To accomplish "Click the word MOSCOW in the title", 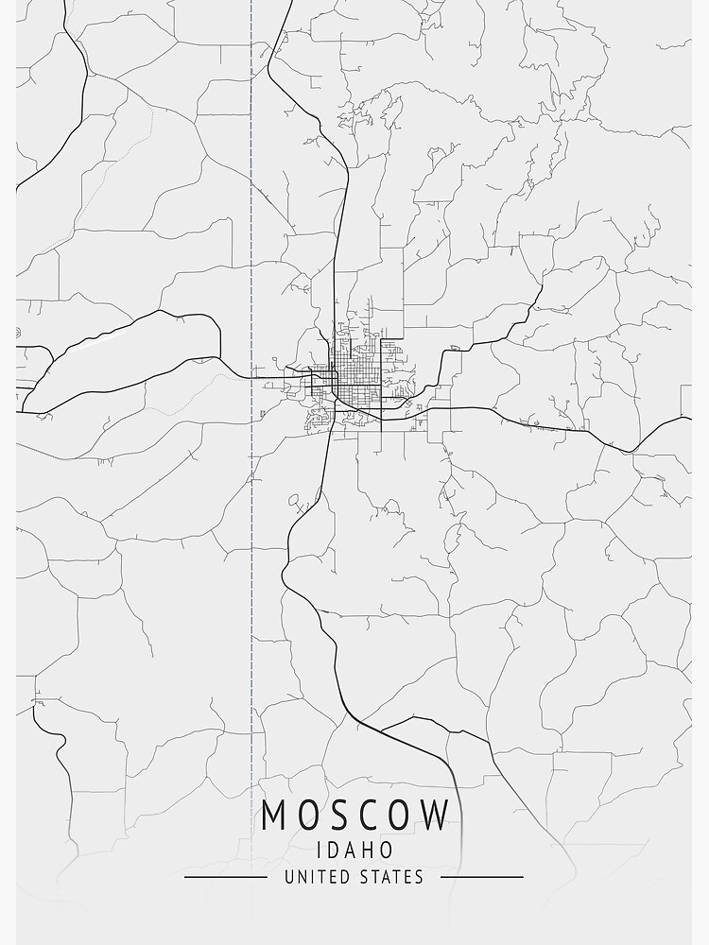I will [x=354, y=815].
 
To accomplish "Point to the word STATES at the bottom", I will [x=392, y=877].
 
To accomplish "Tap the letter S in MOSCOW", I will [x=339, y=815].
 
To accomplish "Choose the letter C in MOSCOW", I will [x=370, y=815].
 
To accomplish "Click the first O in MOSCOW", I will [x=309, y=815].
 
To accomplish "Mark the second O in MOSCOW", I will [x=401, y=815].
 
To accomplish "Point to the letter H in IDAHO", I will [x=370, y=850].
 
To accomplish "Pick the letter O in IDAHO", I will [x=388, y=850].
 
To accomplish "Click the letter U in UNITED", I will [x=288, y=877].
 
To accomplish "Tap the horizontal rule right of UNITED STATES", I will [x=481, y=877].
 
